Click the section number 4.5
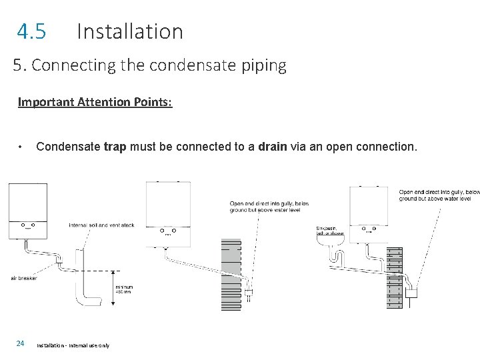(31, 31)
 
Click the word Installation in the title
(129, 31)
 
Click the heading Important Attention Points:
(95, 102)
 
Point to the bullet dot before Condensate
(22, 146)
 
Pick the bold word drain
(273, 146)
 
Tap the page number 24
(21, 343)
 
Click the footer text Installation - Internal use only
(73, 345)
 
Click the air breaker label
(24, 278)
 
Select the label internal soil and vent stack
(101, 225)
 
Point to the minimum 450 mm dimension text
(124, 288)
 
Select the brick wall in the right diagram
(395, 277)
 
